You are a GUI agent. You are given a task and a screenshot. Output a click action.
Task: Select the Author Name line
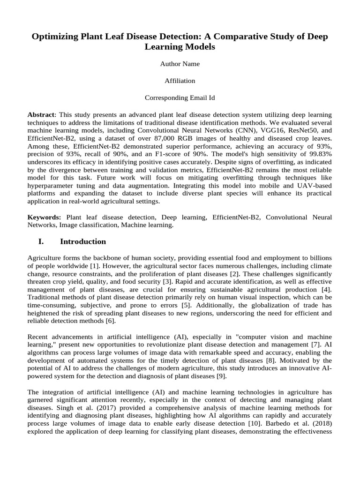(x=180, y=64)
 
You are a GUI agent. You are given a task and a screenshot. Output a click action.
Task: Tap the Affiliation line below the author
(x=180, y=81)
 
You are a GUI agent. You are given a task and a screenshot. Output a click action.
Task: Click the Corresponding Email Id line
(x=180, y=98)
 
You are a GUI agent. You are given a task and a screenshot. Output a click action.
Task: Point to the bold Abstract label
(x=41, y=115)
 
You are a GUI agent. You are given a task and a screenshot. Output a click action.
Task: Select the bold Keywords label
(x=44, y=217)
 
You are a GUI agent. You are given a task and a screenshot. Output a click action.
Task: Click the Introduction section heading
(x=83, y=242)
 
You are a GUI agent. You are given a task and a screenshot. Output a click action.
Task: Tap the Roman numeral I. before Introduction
(x=41, y=242)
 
